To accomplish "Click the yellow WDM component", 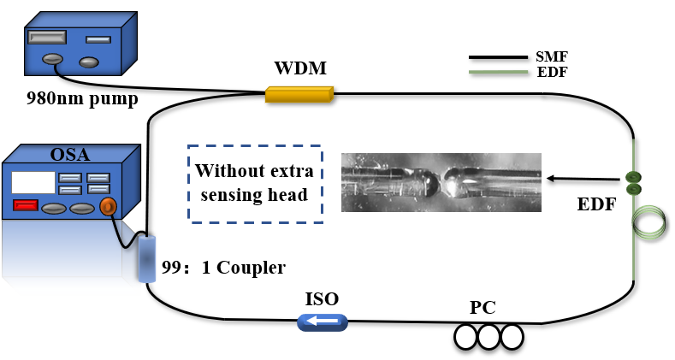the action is (299, 94).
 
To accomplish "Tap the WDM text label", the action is (300, 68).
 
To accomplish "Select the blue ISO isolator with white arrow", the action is (323, 322).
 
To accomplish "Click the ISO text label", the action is (322, 298).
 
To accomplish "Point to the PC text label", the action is (483, 307).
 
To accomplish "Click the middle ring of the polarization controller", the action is (489, 337).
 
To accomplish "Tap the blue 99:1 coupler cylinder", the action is (147, 257).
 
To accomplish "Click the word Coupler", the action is (251, 268).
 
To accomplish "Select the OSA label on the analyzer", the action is (70, 155).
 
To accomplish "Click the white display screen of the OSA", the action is (33, 182).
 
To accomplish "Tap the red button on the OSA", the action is (26, 205).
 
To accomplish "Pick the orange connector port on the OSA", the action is (108, 207).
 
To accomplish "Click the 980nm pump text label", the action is (82, 99).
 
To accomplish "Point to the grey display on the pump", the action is (47, 37).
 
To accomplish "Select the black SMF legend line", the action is (498, 56).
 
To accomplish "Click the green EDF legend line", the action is (498, 72).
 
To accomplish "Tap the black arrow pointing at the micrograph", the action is (583, 179).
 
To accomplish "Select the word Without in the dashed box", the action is (223, 171).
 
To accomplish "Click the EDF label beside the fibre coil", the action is (596, 204).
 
